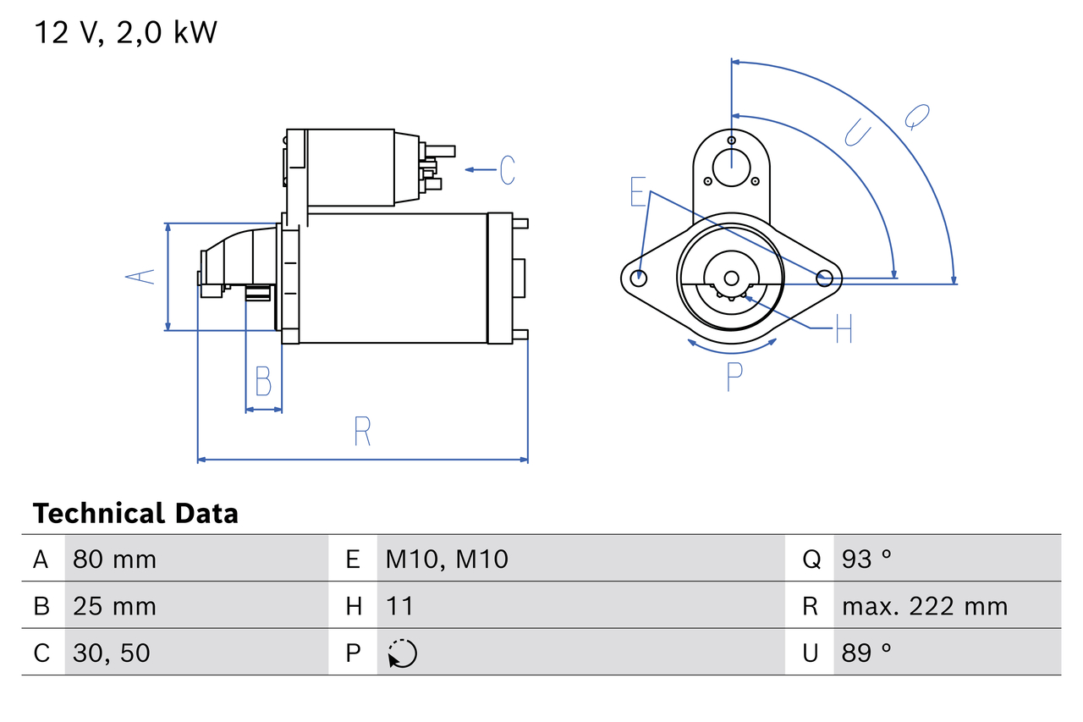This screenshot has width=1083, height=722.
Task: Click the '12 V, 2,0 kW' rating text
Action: coord(125,32)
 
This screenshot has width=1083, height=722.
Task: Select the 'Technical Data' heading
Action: coord(135,514)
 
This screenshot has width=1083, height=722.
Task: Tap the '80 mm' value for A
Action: coord(114,559)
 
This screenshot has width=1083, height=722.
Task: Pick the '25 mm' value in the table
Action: coord(114,606)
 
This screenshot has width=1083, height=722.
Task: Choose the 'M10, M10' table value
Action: coord(447,559)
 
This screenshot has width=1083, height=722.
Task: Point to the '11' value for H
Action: coord(399,606)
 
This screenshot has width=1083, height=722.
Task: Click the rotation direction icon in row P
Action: coord(402,653)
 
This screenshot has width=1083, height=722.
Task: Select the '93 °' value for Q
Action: coord(866,559)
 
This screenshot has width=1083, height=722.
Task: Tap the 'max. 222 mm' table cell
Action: coord(925,606)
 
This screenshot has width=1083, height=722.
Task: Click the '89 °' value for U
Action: coord(866,653)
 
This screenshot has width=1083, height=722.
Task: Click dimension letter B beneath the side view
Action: coord(263,382)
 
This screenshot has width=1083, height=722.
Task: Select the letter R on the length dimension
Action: coord(362,432)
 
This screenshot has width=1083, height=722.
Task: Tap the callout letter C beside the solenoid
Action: coord(507,170)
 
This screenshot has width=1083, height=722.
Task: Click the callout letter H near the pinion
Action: coord(843,328)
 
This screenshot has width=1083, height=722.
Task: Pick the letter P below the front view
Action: coord(734,376)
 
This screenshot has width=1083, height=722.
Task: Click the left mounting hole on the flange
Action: coord(640,277)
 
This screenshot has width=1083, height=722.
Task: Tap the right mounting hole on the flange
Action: coord(824,277)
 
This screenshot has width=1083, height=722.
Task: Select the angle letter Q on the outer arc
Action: coord(916,116)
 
